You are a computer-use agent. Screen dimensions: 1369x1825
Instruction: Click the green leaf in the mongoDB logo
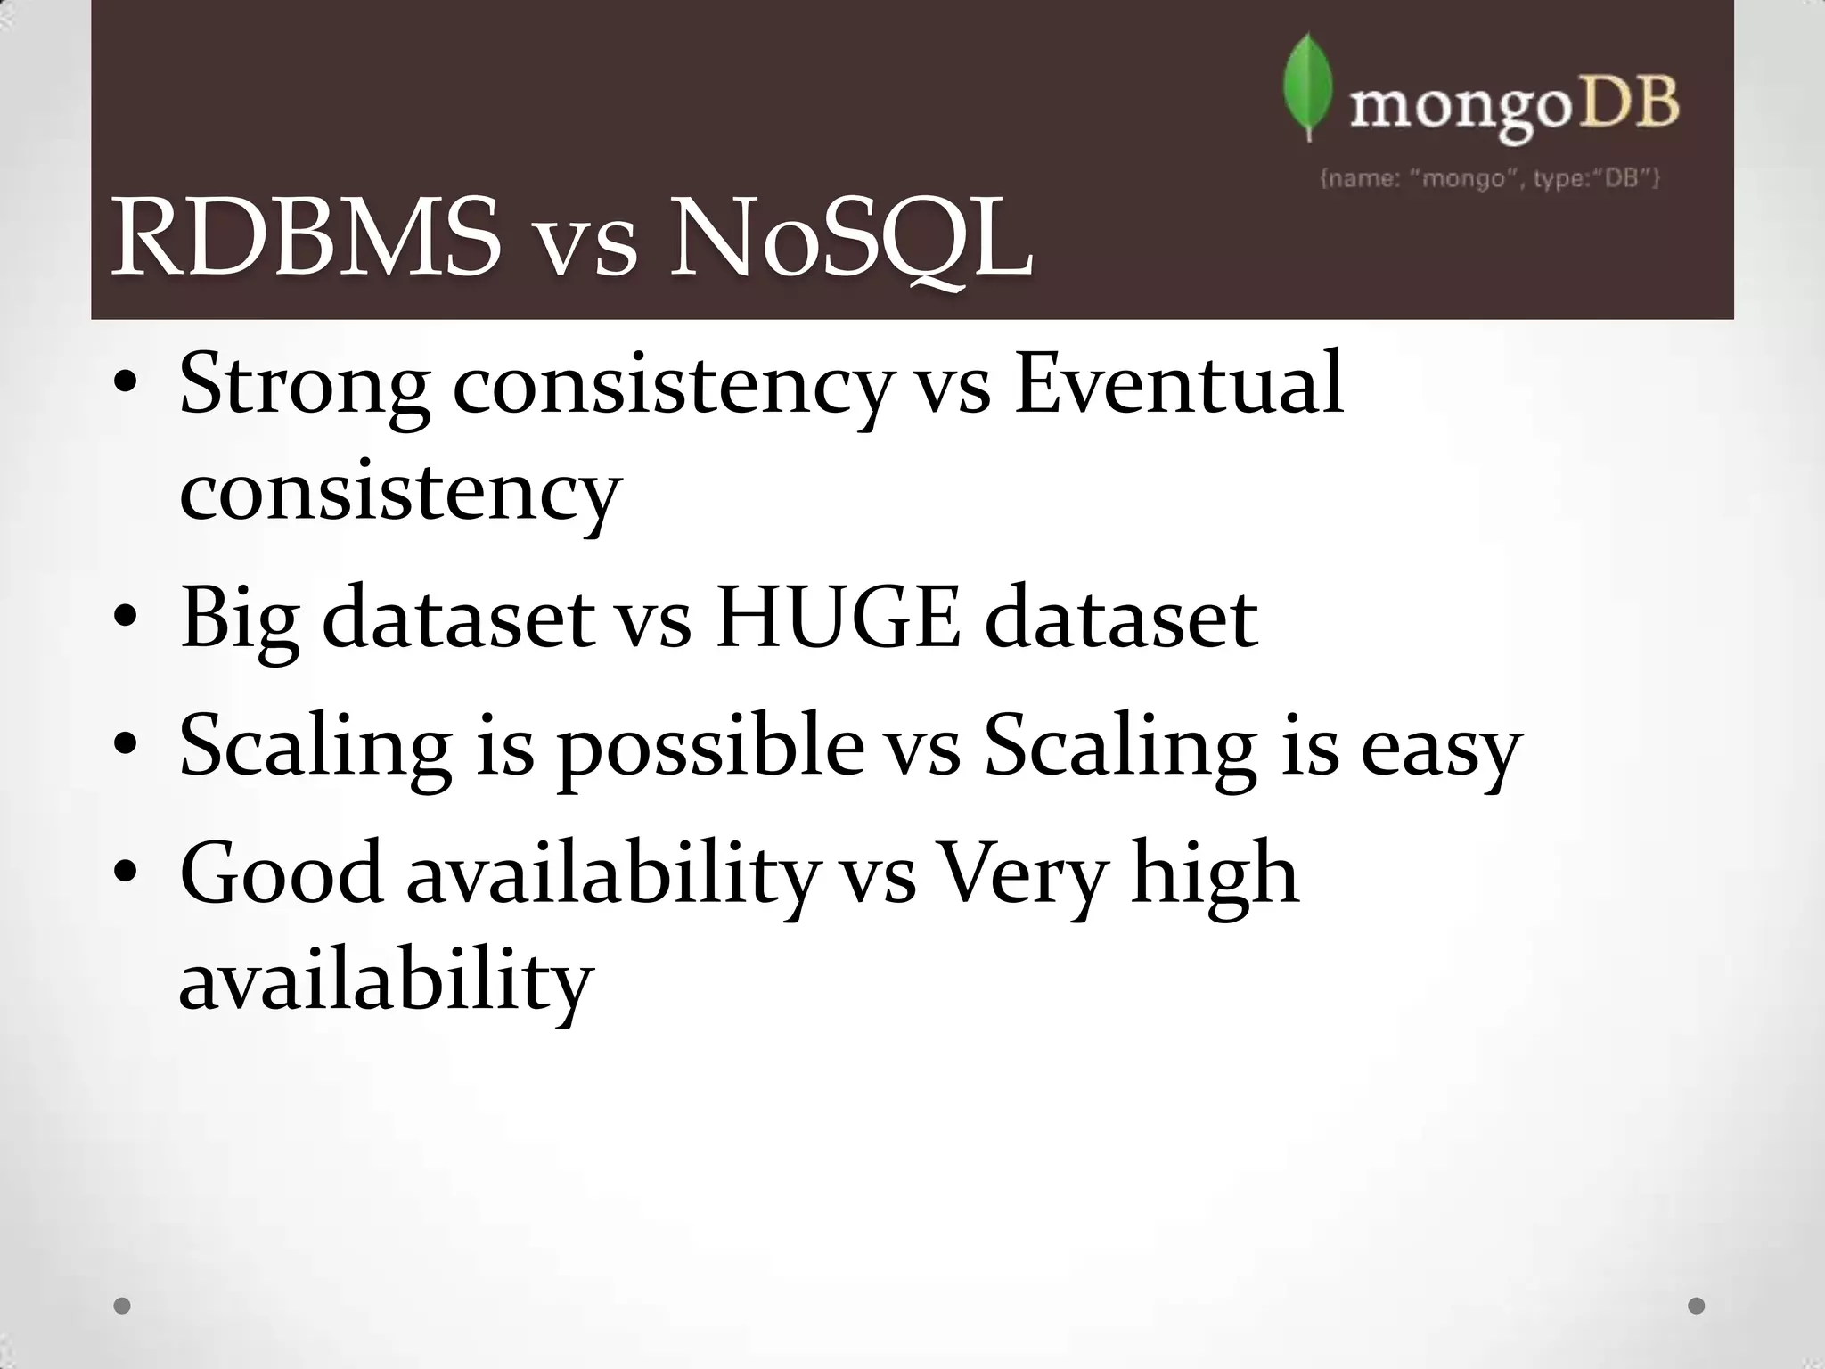click(1306, 87)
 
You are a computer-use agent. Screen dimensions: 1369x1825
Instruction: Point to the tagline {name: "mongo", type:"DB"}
click(1489, 179)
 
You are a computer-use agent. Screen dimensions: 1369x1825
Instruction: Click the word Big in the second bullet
click(239, 619)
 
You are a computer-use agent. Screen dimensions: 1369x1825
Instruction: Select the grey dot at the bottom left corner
click(123, 1306)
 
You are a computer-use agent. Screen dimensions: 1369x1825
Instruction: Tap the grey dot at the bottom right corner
click(1697, 1306)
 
